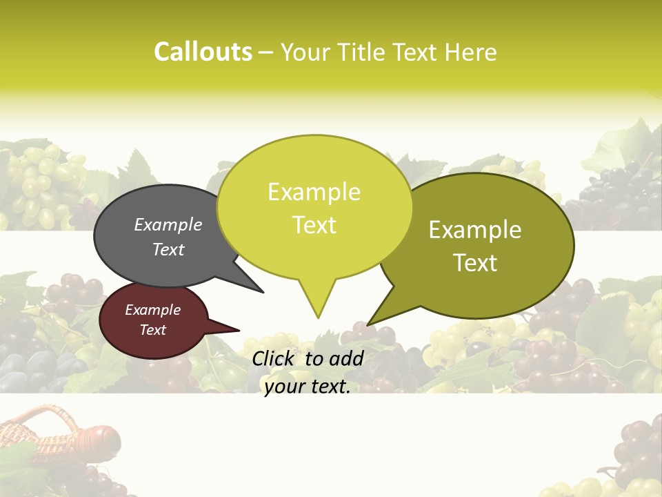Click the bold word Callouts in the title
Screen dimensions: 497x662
click(203, 52)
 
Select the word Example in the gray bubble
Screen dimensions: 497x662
click(168, 225)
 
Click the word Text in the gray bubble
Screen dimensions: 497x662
click(168, 249)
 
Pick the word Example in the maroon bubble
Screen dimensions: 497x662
click(152, 310)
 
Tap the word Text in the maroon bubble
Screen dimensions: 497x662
click(152, 330)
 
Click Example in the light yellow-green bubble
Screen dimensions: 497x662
click(314, 192)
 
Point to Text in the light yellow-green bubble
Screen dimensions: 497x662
click(314, 225)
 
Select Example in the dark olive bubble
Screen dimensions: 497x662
click(475, 230)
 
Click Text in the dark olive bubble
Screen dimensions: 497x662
click(475, 263)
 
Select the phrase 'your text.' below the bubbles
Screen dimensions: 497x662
click(307, 387)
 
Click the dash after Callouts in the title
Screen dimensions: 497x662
click(266, 52)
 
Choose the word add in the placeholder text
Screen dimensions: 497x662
click(347, 358)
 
